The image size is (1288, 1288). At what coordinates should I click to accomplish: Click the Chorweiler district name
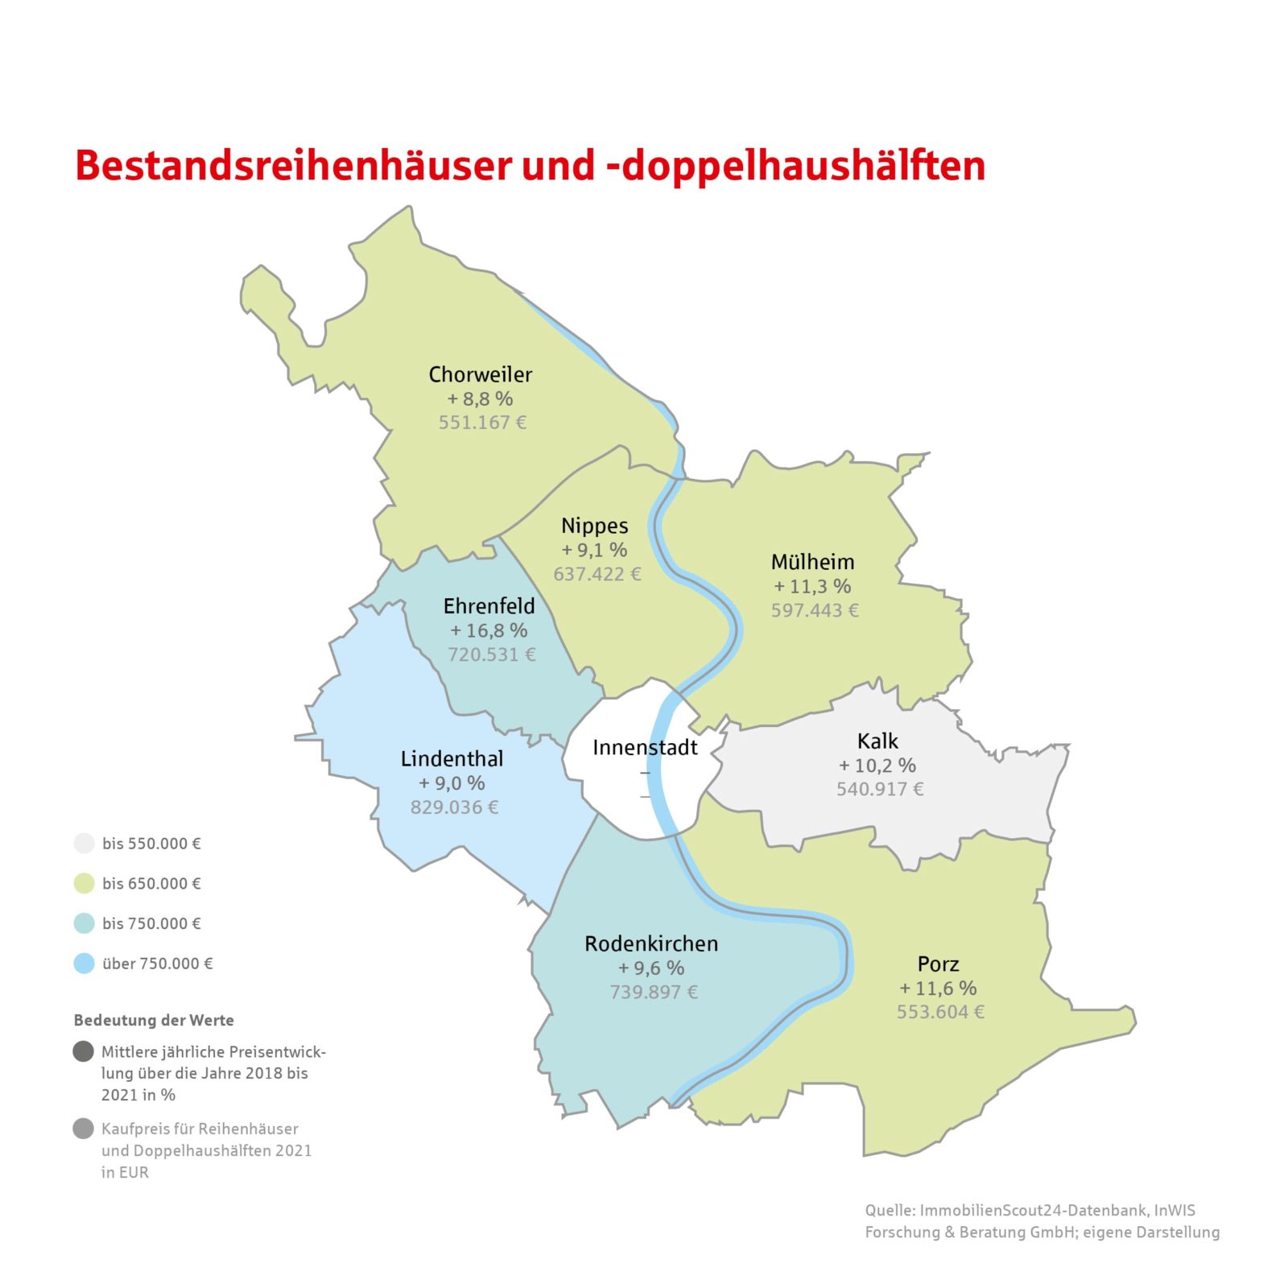click(480, 374)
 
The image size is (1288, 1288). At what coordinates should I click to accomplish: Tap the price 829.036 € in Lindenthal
click(454, 807)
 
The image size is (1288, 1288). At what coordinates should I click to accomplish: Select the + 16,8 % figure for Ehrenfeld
click(489, 630)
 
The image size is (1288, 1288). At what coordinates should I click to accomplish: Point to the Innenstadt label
click(645, 747)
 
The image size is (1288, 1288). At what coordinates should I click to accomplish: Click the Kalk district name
click(877, 741)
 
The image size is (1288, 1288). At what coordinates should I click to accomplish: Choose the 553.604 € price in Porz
click(940, 1012)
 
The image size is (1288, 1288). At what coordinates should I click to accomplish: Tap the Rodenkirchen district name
click(651, 943)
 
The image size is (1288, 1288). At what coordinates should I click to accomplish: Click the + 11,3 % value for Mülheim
click(812, 586)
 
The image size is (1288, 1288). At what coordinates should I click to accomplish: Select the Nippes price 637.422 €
click(597, 574)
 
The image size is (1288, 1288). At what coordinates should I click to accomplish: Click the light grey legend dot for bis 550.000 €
click(85, 843)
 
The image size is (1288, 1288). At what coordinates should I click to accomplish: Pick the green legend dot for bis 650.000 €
click(85, 883)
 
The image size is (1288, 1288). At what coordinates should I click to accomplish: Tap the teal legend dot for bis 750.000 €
click(85, 923)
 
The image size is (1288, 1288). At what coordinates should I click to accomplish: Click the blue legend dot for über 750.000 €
click(85, 964)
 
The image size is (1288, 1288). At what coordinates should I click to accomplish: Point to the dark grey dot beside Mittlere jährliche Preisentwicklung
click(84, 1051)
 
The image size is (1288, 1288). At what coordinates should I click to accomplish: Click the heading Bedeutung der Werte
click(154, 1020)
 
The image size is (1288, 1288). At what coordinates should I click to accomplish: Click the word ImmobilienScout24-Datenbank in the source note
click(1034, 1210)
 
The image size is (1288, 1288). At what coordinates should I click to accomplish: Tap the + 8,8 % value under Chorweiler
click(480, 398)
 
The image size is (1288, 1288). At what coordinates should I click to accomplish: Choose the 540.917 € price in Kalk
click(880, 789)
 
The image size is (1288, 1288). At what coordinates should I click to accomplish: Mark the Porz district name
click(938, 964)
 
